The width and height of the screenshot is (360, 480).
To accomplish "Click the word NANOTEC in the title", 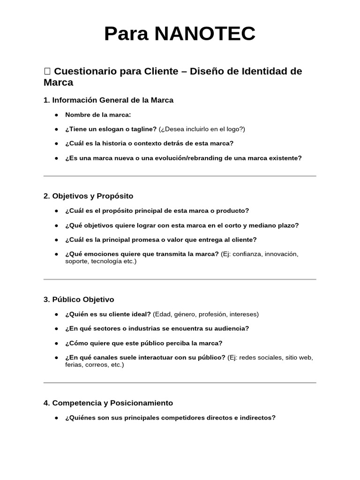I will tap(204, 34).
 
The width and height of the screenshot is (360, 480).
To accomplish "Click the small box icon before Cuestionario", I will tap(47, 71).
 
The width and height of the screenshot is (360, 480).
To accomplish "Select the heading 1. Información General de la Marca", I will tap(108, 100).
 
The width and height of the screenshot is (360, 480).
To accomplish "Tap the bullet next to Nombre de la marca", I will tap(56, 115).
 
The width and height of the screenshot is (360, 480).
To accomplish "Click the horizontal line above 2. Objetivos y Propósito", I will tap(180, 176).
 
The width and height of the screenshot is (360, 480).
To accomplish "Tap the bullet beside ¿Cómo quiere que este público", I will tap(56, 343).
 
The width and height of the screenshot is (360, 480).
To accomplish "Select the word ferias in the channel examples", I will tap(74, 365).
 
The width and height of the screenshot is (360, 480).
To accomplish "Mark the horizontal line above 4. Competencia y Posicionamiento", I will tap(180, 383).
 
